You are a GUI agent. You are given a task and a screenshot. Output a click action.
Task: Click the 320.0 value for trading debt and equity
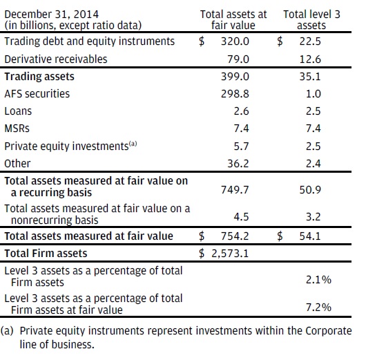click(x=235, y=41)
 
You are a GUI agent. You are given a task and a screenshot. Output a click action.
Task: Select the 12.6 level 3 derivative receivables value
click(x=310, y=59)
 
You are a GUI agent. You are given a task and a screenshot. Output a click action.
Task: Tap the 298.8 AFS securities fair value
click(x=235, y=94)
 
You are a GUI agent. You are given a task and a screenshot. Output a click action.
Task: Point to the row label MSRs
click(x=17, y=129)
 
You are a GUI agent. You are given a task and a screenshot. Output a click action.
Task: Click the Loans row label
click(x=18, y=111)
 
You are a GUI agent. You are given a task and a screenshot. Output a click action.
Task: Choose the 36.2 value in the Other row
click(x=238, y=164)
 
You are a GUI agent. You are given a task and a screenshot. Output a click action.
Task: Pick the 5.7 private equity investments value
click(x=242, y=146)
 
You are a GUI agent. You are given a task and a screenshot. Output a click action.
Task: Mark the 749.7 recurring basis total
click(x=235, y=190)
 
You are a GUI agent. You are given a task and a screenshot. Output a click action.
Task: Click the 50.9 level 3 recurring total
click(x=310, y=190)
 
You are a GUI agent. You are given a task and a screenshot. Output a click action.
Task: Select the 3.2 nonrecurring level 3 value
click(x=314, y=217)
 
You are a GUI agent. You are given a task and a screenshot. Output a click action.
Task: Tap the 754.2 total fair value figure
click(x=235, y=236)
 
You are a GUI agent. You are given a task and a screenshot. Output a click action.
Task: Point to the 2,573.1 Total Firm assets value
click(x=230, y=254)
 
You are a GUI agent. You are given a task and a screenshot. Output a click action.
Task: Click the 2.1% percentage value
click(x=318, y=280)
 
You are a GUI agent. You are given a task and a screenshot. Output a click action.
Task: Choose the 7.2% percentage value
click(x=318, y=307)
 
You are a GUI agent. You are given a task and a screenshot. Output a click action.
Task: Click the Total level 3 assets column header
click(x=311, y=20)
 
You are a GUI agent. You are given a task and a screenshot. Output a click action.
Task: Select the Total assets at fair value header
click(x=233, y=20)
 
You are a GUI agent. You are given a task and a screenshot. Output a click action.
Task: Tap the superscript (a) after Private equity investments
click(x=133, y=144)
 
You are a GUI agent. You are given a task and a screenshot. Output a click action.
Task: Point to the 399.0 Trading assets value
click(x=235, y=77)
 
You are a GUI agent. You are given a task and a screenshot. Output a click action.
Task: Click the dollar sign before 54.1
click(x=280, y=236)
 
